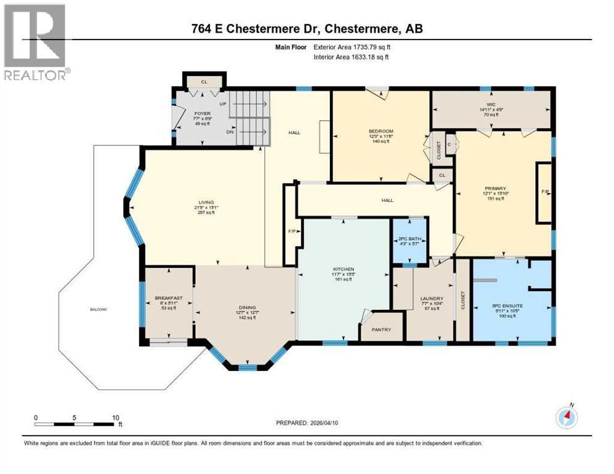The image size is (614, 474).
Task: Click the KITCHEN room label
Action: (x=343, y=269)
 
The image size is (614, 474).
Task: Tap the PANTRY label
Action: (x=381, y=330)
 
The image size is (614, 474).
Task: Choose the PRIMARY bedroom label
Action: (x=495, y=188)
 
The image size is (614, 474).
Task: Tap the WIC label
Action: (x=492, y=104)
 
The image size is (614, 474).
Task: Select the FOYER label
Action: (x=203, y=114)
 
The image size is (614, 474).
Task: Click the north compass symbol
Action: (x=566, y=417)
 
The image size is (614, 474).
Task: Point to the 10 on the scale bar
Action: (x=116, y=418)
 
